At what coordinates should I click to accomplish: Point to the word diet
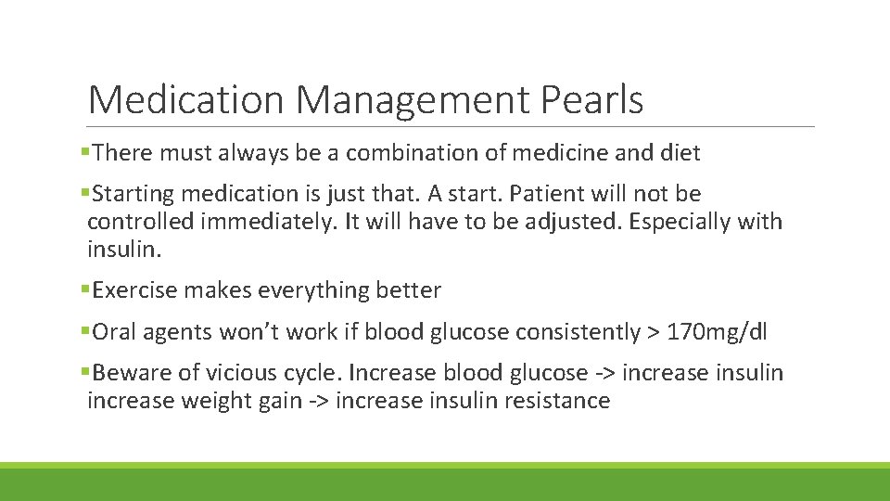coord(679,152)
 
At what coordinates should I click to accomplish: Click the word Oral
coord(113,332)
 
